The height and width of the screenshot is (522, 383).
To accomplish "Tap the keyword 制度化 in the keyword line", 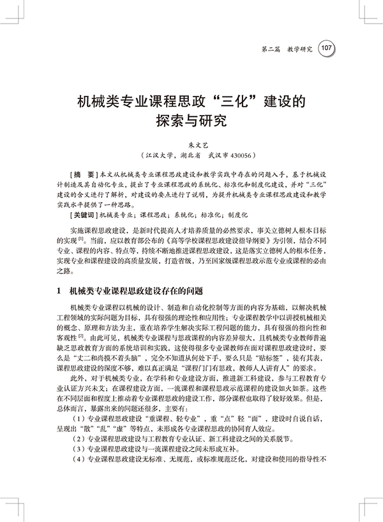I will click(x=240, y=216).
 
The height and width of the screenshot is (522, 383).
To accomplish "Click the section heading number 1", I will click(x=59, y=292).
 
